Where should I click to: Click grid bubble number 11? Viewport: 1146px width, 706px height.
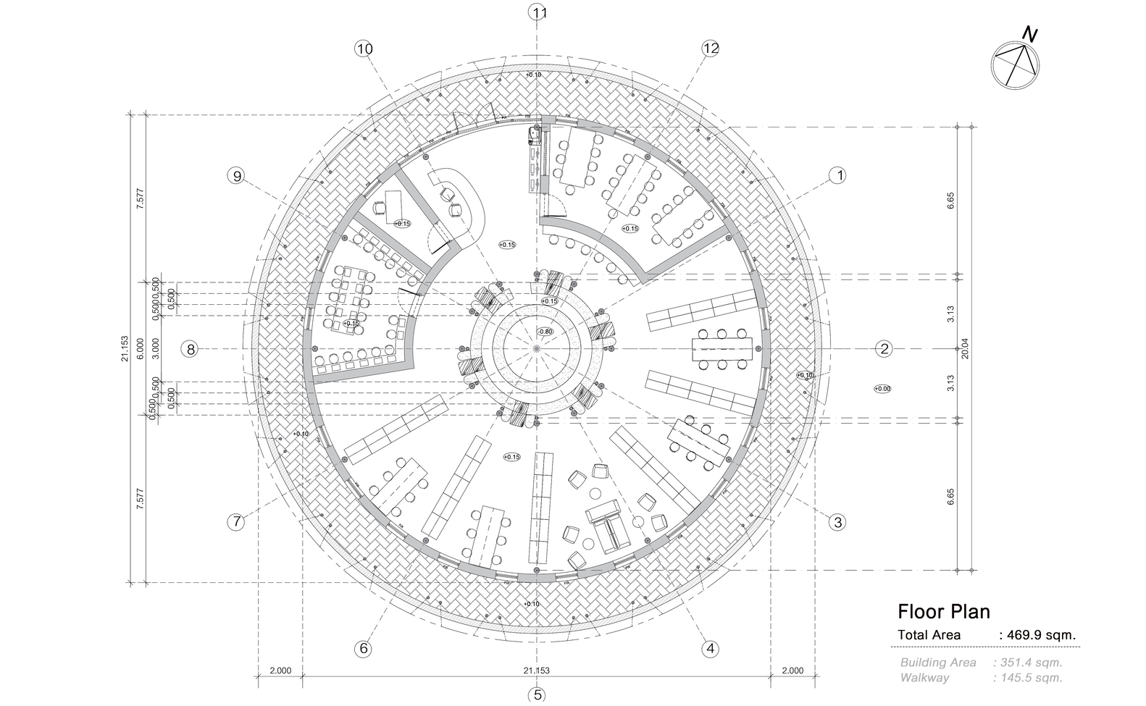click(x=538, y=12)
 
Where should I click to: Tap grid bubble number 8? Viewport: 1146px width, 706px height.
click(x=191, y=349)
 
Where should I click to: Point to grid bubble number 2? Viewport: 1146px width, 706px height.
click(x=884, y=349)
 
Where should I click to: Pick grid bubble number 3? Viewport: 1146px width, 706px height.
click(x=837, y=522)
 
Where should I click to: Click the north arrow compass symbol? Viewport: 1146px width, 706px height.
click(x=1015, y=63)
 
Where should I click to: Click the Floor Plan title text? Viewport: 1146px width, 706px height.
click(x=943, y=612)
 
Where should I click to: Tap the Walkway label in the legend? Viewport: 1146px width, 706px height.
click(x=924, y=678)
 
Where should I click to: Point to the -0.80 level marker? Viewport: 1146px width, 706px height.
click(x=545, y=332)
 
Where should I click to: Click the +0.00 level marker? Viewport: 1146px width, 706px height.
click(x=882, y=389)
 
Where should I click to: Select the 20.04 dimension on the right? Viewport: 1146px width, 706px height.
click(x=964, y=349)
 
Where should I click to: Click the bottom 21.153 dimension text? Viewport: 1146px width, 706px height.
click(x=536, y=671)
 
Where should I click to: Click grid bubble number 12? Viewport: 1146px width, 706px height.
click(x=710, y=49)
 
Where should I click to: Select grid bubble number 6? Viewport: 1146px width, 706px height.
click(x=364, y=648)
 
